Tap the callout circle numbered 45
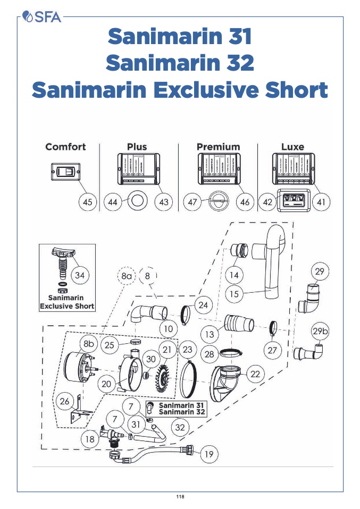pos(88,202)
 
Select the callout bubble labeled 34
pos(80,275)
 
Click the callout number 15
pos(233,293)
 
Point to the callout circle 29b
pos(320,330)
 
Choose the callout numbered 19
pos(209,454)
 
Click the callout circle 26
pos(65,401)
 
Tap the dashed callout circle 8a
pos(127,276)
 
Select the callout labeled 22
pos(255,374)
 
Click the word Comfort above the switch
pos(65,147)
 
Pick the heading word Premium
pos(218,147)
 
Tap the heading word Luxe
pos(292,147)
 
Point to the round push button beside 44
pos(137,202)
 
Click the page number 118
pos(180,497)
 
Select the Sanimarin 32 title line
pos(180,63)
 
